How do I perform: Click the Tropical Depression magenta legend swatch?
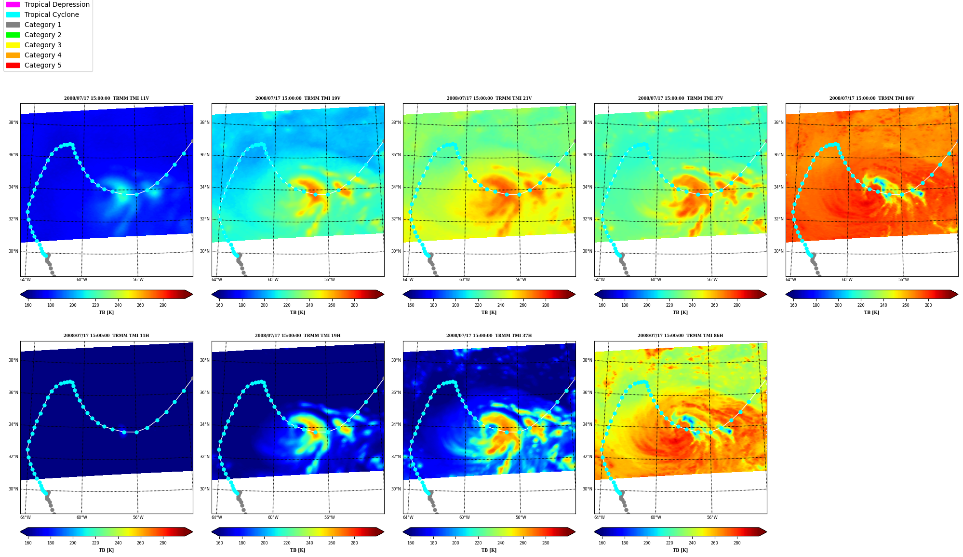tap(13, 4)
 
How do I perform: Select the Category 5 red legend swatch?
tap(13, 65)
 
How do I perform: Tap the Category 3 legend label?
tap(43, 45)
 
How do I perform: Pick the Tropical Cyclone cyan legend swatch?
tap(13, 14)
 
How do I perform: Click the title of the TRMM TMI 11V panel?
tap(107, 98)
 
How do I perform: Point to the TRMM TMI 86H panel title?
tap(680, 336)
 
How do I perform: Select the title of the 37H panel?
tap(489, 336)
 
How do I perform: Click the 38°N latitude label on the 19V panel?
tap(205, 122)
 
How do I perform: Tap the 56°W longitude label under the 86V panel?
tap(903, 280)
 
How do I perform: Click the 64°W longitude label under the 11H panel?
tap(26, 517)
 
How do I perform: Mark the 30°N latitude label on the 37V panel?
tap(588, 251)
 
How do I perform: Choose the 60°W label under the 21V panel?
tap(464, 280)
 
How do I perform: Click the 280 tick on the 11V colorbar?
tap(163, 305)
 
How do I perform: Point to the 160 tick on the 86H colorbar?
tap(602, 543)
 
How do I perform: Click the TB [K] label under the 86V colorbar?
tap(871, 312)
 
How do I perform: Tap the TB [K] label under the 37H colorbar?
tap(489, 550)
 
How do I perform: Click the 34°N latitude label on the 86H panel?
tap(588, 425)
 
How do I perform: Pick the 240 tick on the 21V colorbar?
tap(501, 305)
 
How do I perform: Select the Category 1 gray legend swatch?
tap(13, 25)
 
